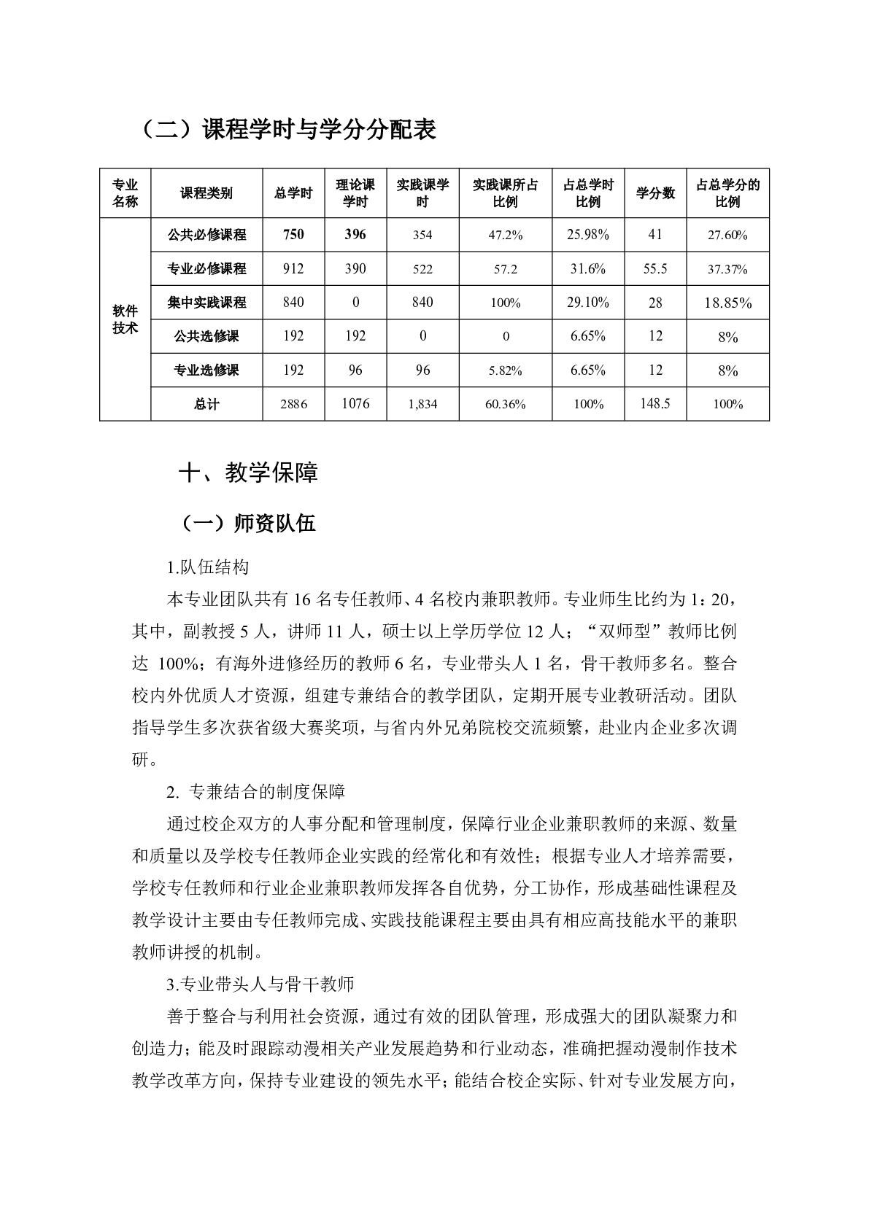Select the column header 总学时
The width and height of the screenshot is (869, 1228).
(293, 193)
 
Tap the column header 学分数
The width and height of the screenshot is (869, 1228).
(655, 193)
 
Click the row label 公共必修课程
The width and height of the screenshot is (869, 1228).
(206, 235)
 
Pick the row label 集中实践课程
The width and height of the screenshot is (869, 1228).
(206, 303)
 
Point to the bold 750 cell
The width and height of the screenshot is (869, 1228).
(293, 235)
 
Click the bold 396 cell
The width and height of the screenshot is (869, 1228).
(355, 235)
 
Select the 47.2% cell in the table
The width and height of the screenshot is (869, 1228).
(505, 235)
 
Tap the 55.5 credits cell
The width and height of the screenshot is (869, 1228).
(655, 269)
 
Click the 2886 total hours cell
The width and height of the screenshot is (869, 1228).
(293, 404)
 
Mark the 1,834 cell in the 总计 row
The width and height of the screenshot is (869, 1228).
(422, 404)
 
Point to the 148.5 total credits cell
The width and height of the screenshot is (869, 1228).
(655, 404)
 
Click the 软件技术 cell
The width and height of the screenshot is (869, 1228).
(125, 319)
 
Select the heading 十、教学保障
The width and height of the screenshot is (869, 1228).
(248, 473)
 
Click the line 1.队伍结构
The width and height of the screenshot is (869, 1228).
(208, 567)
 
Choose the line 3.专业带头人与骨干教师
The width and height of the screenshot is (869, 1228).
(260, 984)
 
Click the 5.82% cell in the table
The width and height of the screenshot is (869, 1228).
(505, 370)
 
